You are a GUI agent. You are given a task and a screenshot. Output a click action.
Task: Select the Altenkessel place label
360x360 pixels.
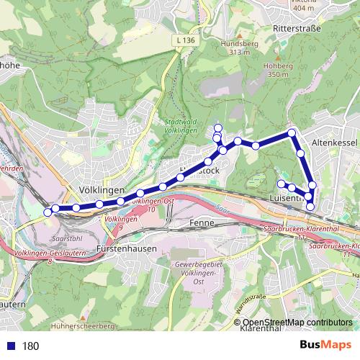pos(335,143)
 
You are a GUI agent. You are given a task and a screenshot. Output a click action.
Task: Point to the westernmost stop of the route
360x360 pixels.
pos(48,212)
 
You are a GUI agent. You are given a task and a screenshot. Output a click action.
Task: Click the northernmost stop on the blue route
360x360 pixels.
pos(218,128)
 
